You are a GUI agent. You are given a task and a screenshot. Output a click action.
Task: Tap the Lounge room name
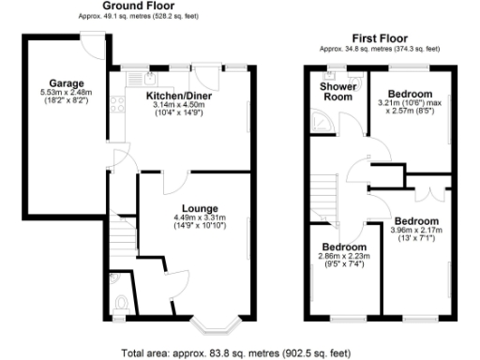201,208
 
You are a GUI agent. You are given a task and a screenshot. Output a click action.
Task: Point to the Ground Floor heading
139,6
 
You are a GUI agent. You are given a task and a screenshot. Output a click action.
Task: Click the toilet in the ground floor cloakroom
122,302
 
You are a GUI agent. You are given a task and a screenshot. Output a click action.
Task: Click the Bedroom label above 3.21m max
411,95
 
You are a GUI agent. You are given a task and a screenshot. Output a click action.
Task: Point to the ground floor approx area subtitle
139,16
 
